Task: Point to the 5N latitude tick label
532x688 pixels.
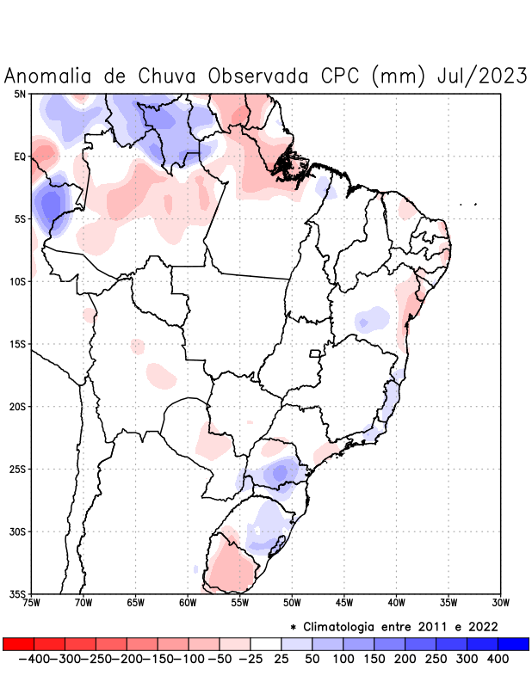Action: tap(20, 94)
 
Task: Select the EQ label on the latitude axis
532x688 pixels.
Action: tap(20, 157)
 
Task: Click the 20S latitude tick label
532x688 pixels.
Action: tap(18, 406)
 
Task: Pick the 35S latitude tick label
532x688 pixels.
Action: tap(18, 593)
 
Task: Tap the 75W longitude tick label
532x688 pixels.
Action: tap(32, 603)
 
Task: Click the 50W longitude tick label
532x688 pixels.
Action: tap(292, 603)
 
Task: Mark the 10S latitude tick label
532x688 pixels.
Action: tap(18, 281)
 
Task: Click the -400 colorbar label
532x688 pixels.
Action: tap(33, 659)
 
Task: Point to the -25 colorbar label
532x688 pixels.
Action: tap(251, 659)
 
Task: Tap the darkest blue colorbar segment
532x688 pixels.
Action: tap(513, 644)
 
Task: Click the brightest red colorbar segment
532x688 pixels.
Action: tap(18, 644)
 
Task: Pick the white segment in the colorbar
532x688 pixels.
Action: tap(266, 644)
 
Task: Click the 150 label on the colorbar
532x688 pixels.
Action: tap(373, 659)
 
